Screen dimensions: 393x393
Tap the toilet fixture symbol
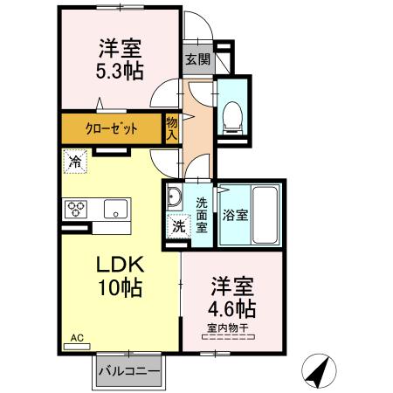pyautogui.click(x=233, y=116)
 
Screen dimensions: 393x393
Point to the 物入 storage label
pyautogui.click(x=173, y=128)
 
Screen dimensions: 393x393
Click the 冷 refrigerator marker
pyautogui.click(x=76, y=162)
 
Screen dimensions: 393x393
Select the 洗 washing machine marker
pyautogui.click(x=177, y=224)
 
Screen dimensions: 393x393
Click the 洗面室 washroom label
pyautogui.click(x=201, y=215)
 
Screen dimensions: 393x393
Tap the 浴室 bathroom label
pyautogui.click(x=233, y=215)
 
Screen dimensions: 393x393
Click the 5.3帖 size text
pyautogui.click(x=120, y=70)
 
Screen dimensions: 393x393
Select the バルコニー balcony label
pyautogui.click(x=129, y=371)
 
